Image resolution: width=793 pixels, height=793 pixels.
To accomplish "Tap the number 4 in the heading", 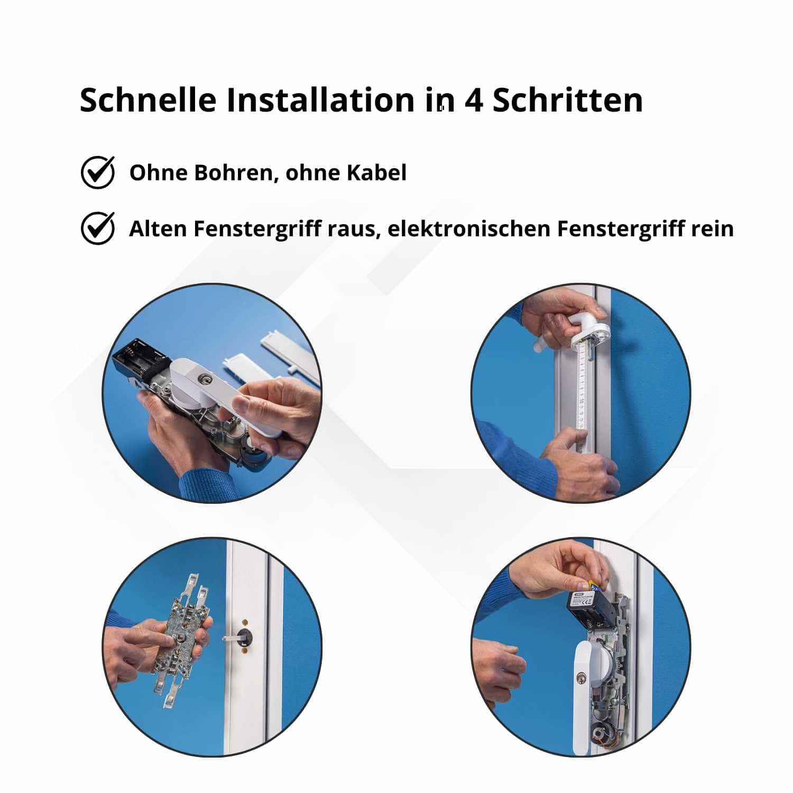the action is pyautogui.click(x=474, y=100).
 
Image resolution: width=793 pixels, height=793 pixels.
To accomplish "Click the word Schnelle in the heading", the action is pyautogui.click(x=148, y=99).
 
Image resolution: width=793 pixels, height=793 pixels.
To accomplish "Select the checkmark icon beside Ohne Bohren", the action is pyautogui.click(x=98, y=172).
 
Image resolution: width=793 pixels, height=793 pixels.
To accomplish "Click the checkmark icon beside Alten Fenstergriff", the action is pyautogui.click(x=98, y=228).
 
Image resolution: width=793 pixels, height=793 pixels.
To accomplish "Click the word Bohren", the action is pyautogui.click(x=236, y=173).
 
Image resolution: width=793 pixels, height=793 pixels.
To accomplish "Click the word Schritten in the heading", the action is pyautogui.click(x=568, y=99).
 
